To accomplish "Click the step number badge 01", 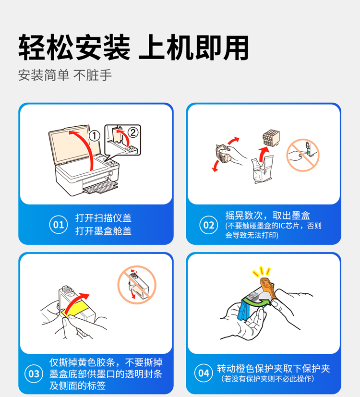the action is click(x=59, y=225).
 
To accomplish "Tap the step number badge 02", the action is click(x=209, y=225).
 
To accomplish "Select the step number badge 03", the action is click(x=34, y=373).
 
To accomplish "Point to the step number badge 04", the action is click(x=204, y=373).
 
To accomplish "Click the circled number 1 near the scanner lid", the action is click(x=95, y=136).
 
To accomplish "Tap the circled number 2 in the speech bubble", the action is click(x=133, y=132).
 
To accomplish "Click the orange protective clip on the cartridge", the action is click(x=268, y=288).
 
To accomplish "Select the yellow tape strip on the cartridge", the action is click(x=75, y=309).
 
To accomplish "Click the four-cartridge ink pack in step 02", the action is click(x=271, y=138).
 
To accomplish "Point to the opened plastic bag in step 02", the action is click(x=262, y=169).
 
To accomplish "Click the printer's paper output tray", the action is click(x=100, y=187).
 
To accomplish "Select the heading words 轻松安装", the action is click(x=74, y=48).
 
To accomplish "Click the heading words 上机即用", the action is click(x=193, y=48).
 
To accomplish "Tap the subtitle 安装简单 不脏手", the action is click(x=65, y=75).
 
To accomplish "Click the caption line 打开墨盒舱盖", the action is click(x=103, y=231).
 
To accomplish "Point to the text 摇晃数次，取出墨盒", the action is click(x=267, y=216).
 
